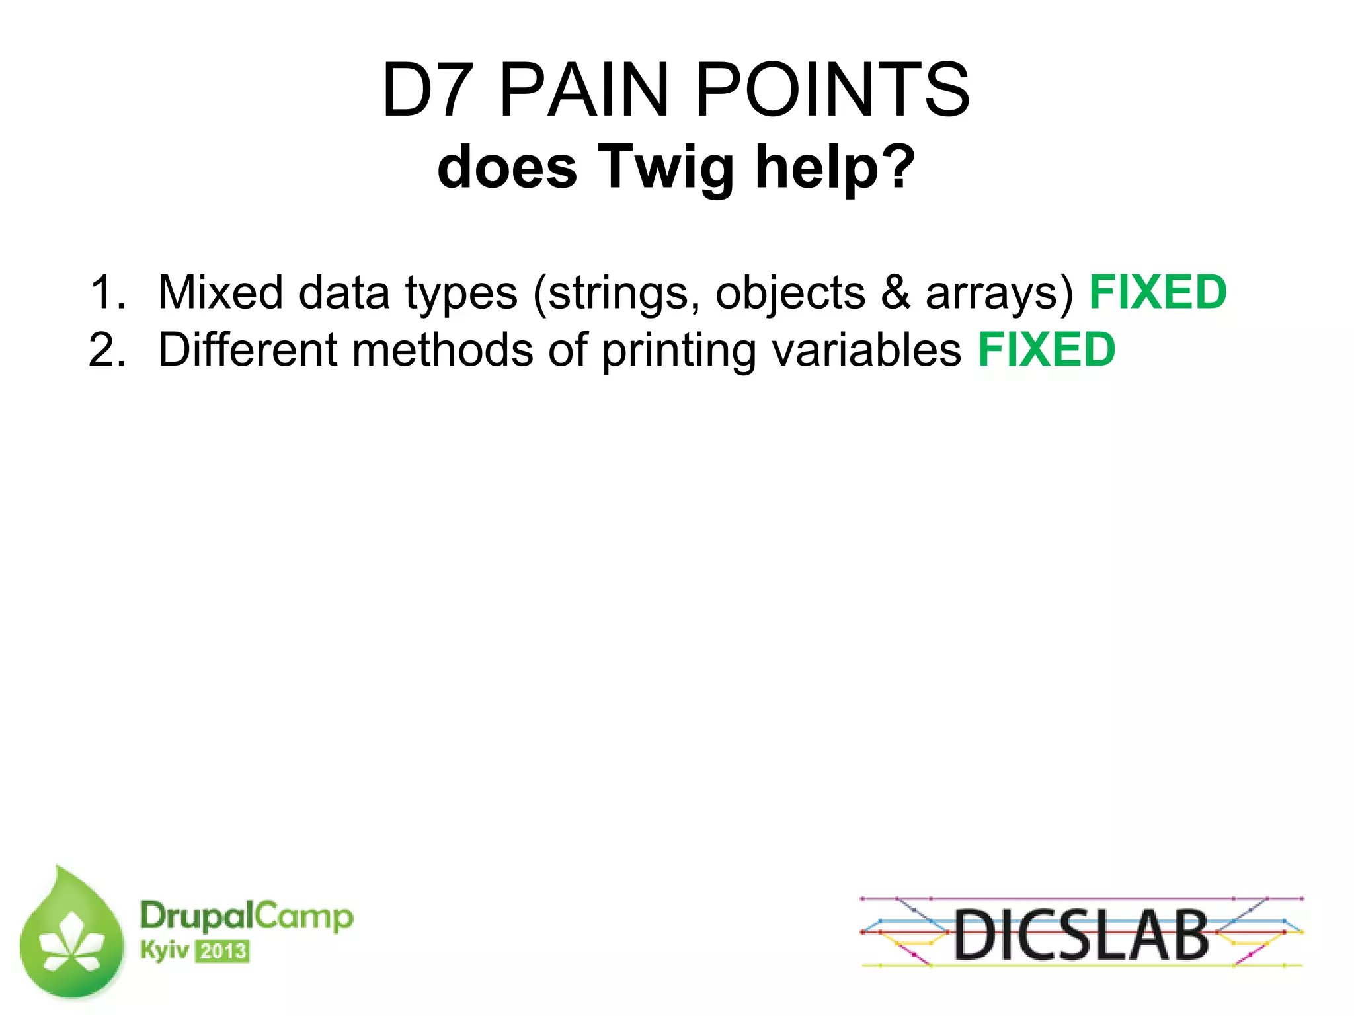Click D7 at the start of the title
(426, 90)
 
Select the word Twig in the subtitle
(666, 167)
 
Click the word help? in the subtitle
(835, 167)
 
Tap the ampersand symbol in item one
(895, 292)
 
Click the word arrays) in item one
(999, 293)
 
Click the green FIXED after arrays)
(1158, 292)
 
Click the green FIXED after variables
(1047, 350)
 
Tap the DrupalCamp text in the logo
(247, 917)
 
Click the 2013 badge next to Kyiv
(222, 952)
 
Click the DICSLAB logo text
(1081, 934)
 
